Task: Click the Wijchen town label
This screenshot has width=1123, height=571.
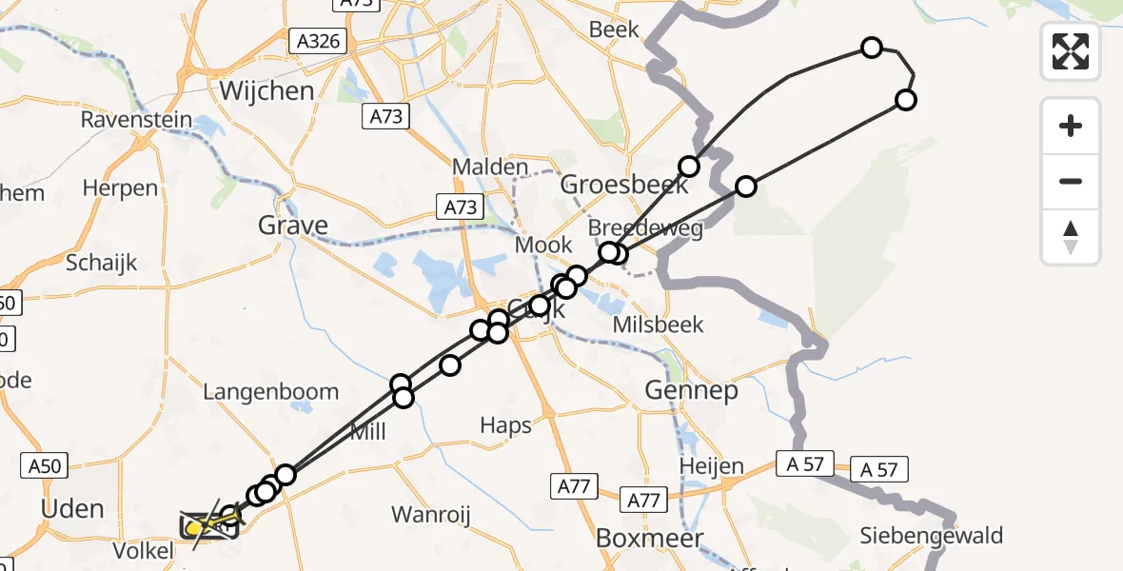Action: click(266, 91)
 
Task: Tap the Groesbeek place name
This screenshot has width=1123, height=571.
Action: click(623, 184)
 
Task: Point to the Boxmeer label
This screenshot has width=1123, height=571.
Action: click(649, 538)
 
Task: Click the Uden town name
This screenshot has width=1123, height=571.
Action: click(72, 508)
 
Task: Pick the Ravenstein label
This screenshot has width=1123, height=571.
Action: click(136, 121)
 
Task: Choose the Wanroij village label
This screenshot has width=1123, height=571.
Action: click(431, 515)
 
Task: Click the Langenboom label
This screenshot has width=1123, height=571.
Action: click(270, 391)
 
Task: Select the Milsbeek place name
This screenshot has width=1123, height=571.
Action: click(659, 325)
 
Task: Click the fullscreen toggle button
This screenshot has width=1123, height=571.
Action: click(1071, 51)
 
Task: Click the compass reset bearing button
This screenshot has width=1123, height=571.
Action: click(1071, 238)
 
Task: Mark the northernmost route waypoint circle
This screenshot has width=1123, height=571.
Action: click(871, 47)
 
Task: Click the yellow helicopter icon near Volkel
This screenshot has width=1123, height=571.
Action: click(197, 526)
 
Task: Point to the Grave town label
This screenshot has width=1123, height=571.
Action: click(293, 226)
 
